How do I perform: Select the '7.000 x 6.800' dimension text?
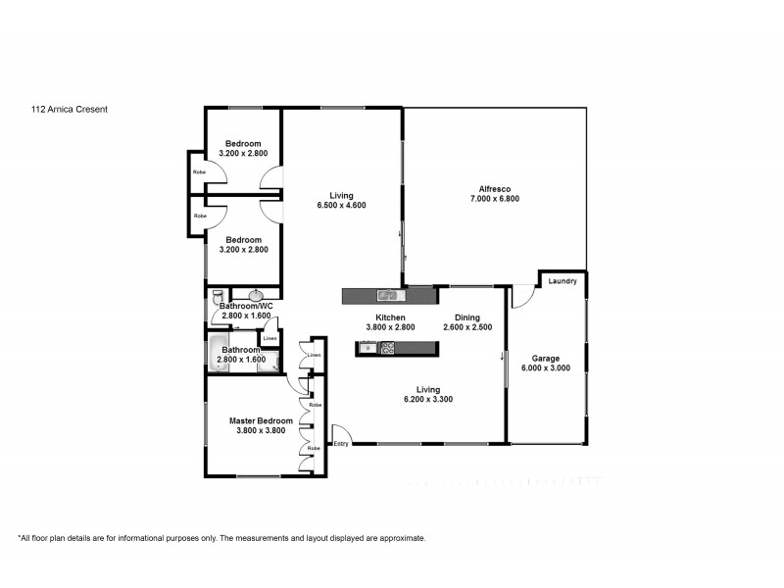coord(494,199)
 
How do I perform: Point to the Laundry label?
coord(563,282)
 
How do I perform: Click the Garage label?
coord(545,358)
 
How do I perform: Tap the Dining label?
coord(466,317)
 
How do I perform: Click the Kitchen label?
coord(390,317)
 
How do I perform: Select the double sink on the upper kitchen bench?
coord(388,294)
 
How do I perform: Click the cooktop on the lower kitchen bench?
coord(387,347)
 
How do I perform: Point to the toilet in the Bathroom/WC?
coord(218,294)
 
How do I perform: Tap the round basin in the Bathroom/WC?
coord(257,295)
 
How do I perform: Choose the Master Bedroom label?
coord(261,420)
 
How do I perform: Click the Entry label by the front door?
coord(340,444)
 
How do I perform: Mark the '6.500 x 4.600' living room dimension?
coord(341,205)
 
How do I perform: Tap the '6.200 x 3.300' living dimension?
coord(427,399)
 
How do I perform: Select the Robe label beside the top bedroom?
coord(199,171)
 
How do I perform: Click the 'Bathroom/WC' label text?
coord(246,307)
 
